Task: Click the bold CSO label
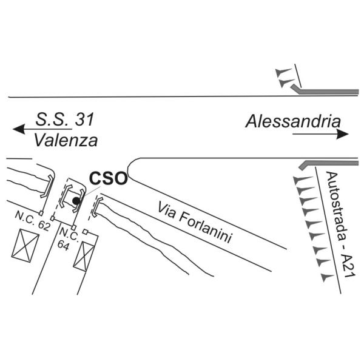pyautogui.click(x=109, y=178)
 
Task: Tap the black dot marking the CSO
pyautogui.click(x=76, y=201)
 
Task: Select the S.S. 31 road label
pyautogui.click(x=65, y=120)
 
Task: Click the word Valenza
pyautogui.click(x=66, y=141)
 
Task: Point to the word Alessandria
pyautogui.click(x=293, y=121)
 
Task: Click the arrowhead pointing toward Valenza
pyautogui.click(x=19, y=129)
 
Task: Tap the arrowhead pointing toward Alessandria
pyautogui.click(x=343, y=134)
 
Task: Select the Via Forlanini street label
pyautogui.click(x=195, y=222)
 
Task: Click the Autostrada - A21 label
pyautogui.click(x=340, y=224)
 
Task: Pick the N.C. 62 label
pyautogui.click(x=33, y=221)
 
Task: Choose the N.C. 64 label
pyautogui.click(x=68, y=240)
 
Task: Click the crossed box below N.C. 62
pyautogui.click(x=25, y=246)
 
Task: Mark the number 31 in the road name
pyautogui.click(x=85, y=120)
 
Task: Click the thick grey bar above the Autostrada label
pyautogui.click(x=328, y=164)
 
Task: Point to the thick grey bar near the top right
pyautogui.click(x=325, y=90)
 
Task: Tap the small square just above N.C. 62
pyautogui.click(x=41, y=213)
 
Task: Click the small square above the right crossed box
pyautogui.click(x=86, y=232)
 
